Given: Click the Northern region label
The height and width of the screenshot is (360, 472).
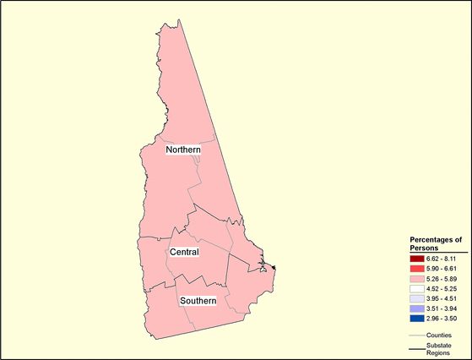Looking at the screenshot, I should (183, 150).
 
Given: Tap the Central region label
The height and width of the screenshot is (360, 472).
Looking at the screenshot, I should (184, 253).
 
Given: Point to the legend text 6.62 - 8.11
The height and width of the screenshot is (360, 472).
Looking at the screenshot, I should (442, 258).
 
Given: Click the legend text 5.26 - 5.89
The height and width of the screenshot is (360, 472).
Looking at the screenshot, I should (442, 278).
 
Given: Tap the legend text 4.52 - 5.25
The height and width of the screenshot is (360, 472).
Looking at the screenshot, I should (442, 288).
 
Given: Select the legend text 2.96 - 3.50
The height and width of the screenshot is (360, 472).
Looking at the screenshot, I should (442, 319).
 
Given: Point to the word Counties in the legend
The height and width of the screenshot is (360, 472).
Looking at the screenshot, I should (440, 335).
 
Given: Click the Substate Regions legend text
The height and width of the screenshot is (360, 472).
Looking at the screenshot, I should (438, 349).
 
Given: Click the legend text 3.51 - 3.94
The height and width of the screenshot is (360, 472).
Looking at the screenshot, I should (442, 308).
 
